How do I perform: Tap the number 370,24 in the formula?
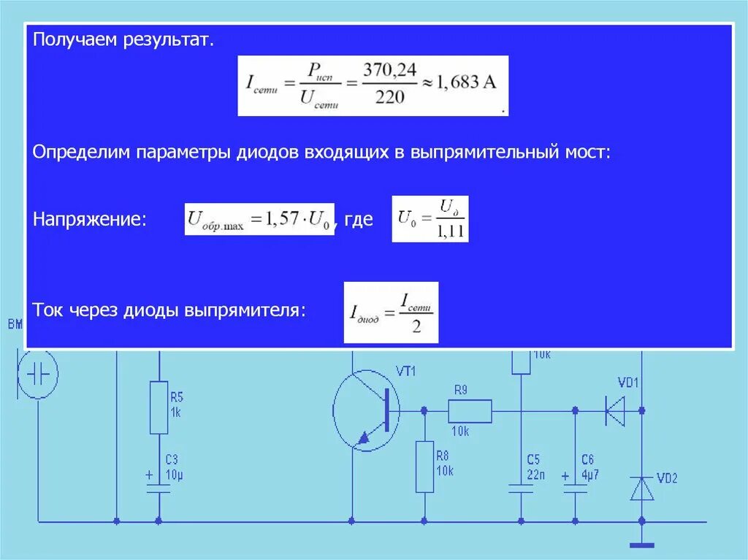click(x=389, y=69)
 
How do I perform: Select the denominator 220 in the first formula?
click(x=389, y=98)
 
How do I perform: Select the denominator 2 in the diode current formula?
click(x=416, y=326)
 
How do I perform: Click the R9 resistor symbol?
click(x=470, y=411)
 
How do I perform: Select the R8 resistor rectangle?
click(x=424, y=467)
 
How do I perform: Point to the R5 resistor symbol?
click(x=159, y=407)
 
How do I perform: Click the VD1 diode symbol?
click(x=616, y=411)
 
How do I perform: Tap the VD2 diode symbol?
click(x=642, y=488)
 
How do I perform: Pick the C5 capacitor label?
click(x=534, y=459)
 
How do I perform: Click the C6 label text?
click(x=587, y=459)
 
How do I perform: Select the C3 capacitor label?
click(x=172, y=459)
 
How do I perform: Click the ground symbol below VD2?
click(x=642, y=544)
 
